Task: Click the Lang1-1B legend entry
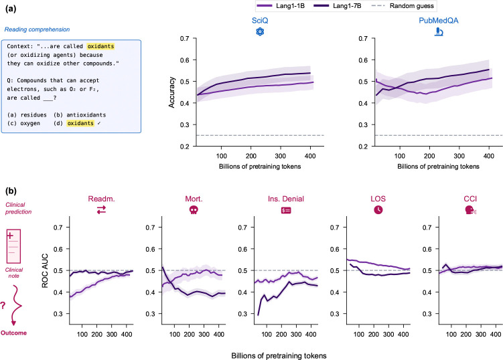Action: coord(281,6)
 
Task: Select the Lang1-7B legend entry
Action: coord(338,6)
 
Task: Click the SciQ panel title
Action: coord(260,21)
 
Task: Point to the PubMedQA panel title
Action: coord(439,21)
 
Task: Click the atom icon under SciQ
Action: coord(260,31)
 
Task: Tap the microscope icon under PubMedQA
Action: coord(439,31)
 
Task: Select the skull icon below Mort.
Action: coord(194,210)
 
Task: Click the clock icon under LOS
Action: coord(378,210)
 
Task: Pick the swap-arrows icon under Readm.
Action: coord(101,210)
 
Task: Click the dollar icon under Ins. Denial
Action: coord(286,210)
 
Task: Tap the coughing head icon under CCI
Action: coord(471,210)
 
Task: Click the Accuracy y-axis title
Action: coord(172,92)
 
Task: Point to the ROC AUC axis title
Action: coord(45,271)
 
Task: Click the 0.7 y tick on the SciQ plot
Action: coord(184,38)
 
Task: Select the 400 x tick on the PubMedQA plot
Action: coord(488,156)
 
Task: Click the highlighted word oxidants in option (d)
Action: coord(80,123)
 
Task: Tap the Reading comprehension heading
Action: coord(37,29)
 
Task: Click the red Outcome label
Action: coord(14,333)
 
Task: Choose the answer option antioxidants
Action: coord(86,115)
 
